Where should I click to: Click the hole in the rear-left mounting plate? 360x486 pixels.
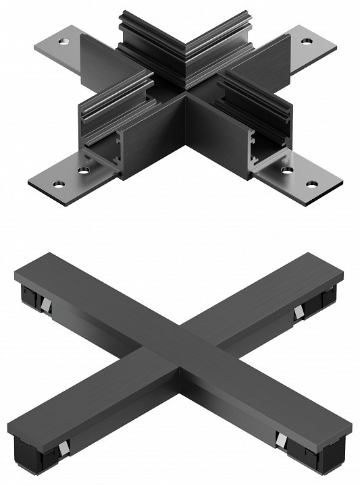tap(64, 42)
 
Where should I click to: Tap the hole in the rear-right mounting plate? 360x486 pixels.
tap(307, 41)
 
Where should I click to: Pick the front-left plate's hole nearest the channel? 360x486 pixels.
tap(83, 170)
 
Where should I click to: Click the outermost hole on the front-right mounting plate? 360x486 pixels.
tap(312, 183)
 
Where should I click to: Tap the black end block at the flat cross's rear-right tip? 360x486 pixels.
tap(328, 297)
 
